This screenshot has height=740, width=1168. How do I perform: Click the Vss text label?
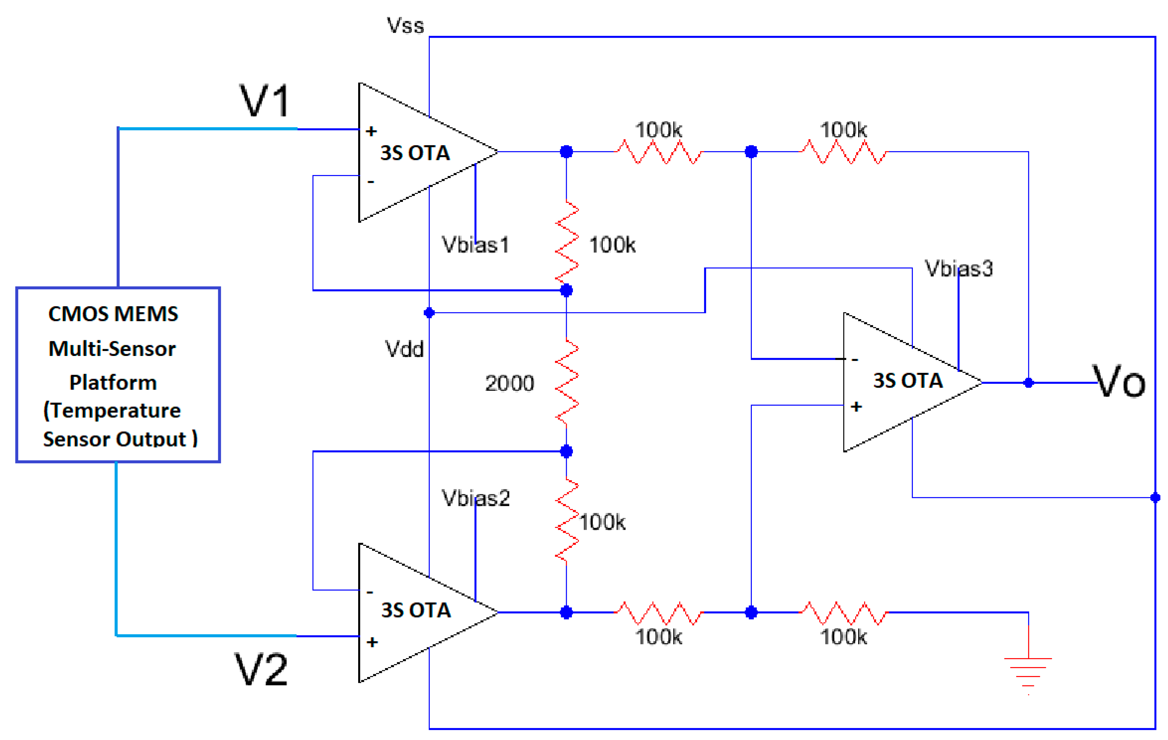click(405, 25)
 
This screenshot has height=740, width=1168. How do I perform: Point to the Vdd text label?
click(404, 349)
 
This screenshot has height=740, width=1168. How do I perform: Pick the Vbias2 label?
click(476, 498)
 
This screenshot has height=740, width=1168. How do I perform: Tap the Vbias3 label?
click(959, 268)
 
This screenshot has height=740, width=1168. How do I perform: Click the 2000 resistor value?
click(509, 383)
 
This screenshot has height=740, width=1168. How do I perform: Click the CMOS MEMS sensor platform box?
click(118, 374)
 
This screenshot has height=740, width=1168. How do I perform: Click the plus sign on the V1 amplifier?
click(371, 131)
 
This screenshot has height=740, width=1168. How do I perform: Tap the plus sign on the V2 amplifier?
click(372, 642)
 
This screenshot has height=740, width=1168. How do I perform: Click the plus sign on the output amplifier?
click(856, 407)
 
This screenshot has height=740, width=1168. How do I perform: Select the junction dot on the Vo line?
click(1028, 383)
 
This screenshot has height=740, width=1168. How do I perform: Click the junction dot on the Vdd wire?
click(429, 312)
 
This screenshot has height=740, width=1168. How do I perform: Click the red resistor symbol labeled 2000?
click(566, 383)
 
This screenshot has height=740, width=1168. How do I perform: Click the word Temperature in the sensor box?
click(115, 411)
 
